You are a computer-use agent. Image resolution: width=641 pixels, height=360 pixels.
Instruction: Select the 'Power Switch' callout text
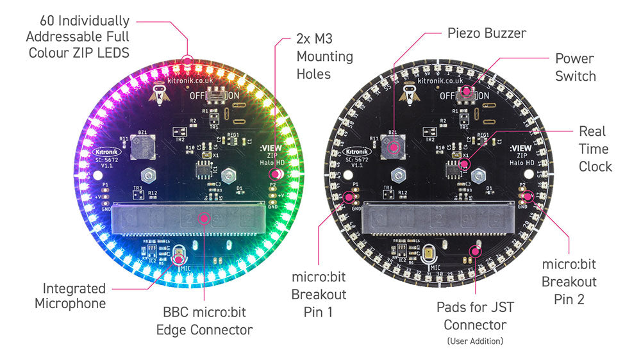(x=575, y=67)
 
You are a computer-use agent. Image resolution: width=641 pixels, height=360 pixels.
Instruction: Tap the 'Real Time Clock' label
(x=595, y=149)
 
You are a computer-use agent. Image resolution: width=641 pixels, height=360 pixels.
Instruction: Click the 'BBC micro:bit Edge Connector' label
(x=204, y=322)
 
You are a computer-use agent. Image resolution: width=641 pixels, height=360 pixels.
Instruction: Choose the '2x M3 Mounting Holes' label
(x=324, y=56)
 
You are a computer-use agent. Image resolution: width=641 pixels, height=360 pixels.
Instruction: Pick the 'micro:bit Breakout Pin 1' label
(x=319, y=295)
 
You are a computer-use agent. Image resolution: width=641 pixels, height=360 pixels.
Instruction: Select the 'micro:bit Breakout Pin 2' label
(x=569, y=281)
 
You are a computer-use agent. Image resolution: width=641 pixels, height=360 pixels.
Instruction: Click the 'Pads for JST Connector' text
(x=474, y=316)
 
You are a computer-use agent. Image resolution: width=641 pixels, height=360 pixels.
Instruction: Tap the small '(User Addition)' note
(x=474, y=341)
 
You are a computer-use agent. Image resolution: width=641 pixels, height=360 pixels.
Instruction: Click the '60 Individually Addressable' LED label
(x=79, y=37)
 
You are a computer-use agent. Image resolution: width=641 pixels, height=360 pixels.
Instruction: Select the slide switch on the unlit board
(x=468, y=95)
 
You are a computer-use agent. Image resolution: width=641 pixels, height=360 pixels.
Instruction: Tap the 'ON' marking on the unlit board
(x=484, y=95)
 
